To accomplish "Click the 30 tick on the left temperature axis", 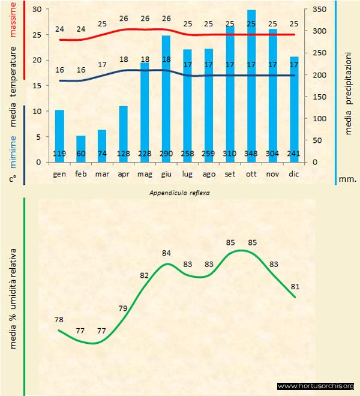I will (x=37, y=10).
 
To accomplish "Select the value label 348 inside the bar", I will (x=251, y=154).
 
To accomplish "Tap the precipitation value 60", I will (x=81, y=154).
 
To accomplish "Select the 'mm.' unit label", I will (x=347, y=179).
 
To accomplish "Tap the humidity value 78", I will (x=58, y=320).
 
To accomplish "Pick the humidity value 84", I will (x=167, y=253).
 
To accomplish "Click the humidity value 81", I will (x=294, y=286).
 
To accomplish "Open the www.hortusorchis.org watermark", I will (x=316, y=386).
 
